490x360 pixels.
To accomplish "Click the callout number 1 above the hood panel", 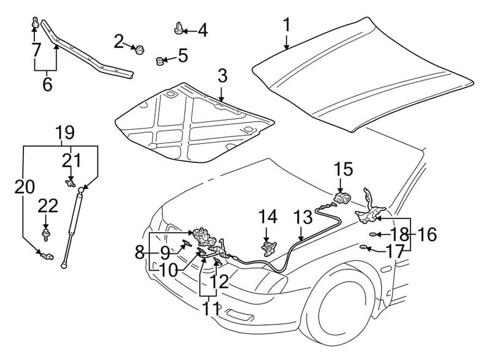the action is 287,25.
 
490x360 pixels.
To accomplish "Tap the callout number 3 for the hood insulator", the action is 222,76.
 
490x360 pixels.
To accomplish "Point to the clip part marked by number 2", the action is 140,49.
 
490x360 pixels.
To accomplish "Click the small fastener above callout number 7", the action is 36,23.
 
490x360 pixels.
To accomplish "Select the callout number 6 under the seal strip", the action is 47,84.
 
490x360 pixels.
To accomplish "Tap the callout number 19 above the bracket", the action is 65,133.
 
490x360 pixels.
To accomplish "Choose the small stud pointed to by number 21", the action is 70,183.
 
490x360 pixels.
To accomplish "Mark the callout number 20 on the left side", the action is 24,187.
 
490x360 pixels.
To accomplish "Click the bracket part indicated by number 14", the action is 268,246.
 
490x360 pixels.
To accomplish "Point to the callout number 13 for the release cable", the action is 303,217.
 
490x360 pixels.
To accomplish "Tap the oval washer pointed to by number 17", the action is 364,248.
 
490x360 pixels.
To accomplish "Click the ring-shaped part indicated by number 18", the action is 373,234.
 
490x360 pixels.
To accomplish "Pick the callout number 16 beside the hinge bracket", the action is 427,234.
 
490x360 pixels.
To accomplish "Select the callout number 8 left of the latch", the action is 140,252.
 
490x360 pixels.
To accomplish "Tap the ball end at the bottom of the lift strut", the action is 64,265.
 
